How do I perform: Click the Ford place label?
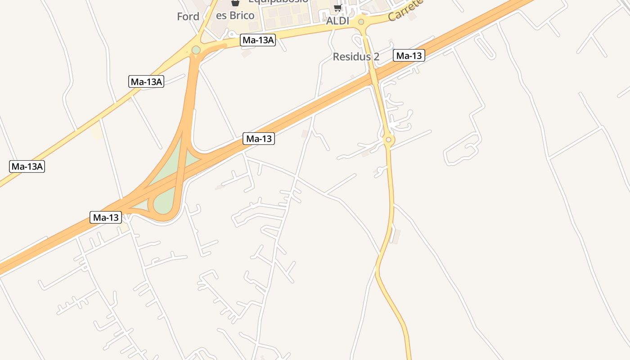pyautogui.click(x=188, y=17)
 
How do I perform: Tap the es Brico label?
pyautogui.click(x=235, y=15)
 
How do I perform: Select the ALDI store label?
pyautogui.click(x=337, y=21)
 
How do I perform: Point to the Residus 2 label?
pyautogui.click(x=356, y=57)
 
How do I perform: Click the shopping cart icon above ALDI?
pyautogui.click(x=337, y=8)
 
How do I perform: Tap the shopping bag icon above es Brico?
pyautogui.click(x=234, y=3)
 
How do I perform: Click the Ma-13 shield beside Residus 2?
pyautogui.click(x=409, y=55)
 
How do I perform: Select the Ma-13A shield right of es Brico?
pyautogui.click(x=258, y=40)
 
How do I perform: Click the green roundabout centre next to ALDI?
pyautogui.click(x=361, y=22)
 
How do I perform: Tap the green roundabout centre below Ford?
pyautogui.click(x=196, y=49)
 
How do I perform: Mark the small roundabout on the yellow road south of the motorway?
pyautogui.click(x=389, y=140)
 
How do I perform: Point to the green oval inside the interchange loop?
pyautogui.click(x=163, y=203)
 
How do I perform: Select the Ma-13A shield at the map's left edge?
pyautogui.click(x=27, y=166)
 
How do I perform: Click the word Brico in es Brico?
pyautogui.click(x=242, y=15)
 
